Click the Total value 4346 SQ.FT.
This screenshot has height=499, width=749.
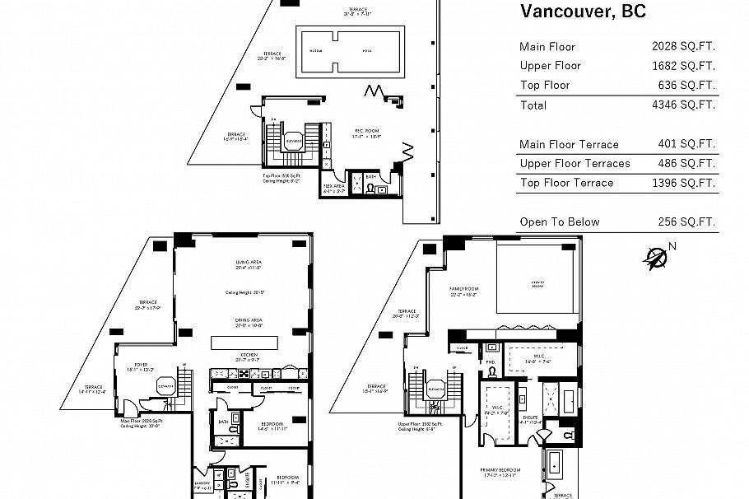pyautogui.click(x=683, y=105)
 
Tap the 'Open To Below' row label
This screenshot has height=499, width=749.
pyautogui.click(x=560, y=222)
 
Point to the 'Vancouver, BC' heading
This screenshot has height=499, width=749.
pyautogui.click(x=583, y=12)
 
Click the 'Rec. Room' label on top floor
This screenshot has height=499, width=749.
pyautogui.click(x=366, y=131)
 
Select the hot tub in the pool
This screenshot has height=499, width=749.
pyautogui.click(x=315, y=49)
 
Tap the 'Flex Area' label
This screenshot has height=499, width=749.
pyautogui.click(x=333, y=186)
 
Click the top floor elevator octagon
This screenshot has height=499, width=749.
pyautogui.click(x=291, y=141)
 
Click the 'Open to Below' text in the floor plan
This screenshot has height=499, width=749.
pyautogui.click(x=538, y=283)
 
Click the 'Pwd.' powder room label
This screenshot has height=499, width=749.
pyautogui.click(x=491, y=361)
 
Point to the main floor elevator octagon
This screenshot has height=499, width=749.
pyautogui.click(x=165, y=385)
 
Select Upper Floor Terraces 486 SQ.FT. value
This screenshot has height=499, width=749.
pyautogui.click(x=683, y=163)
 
